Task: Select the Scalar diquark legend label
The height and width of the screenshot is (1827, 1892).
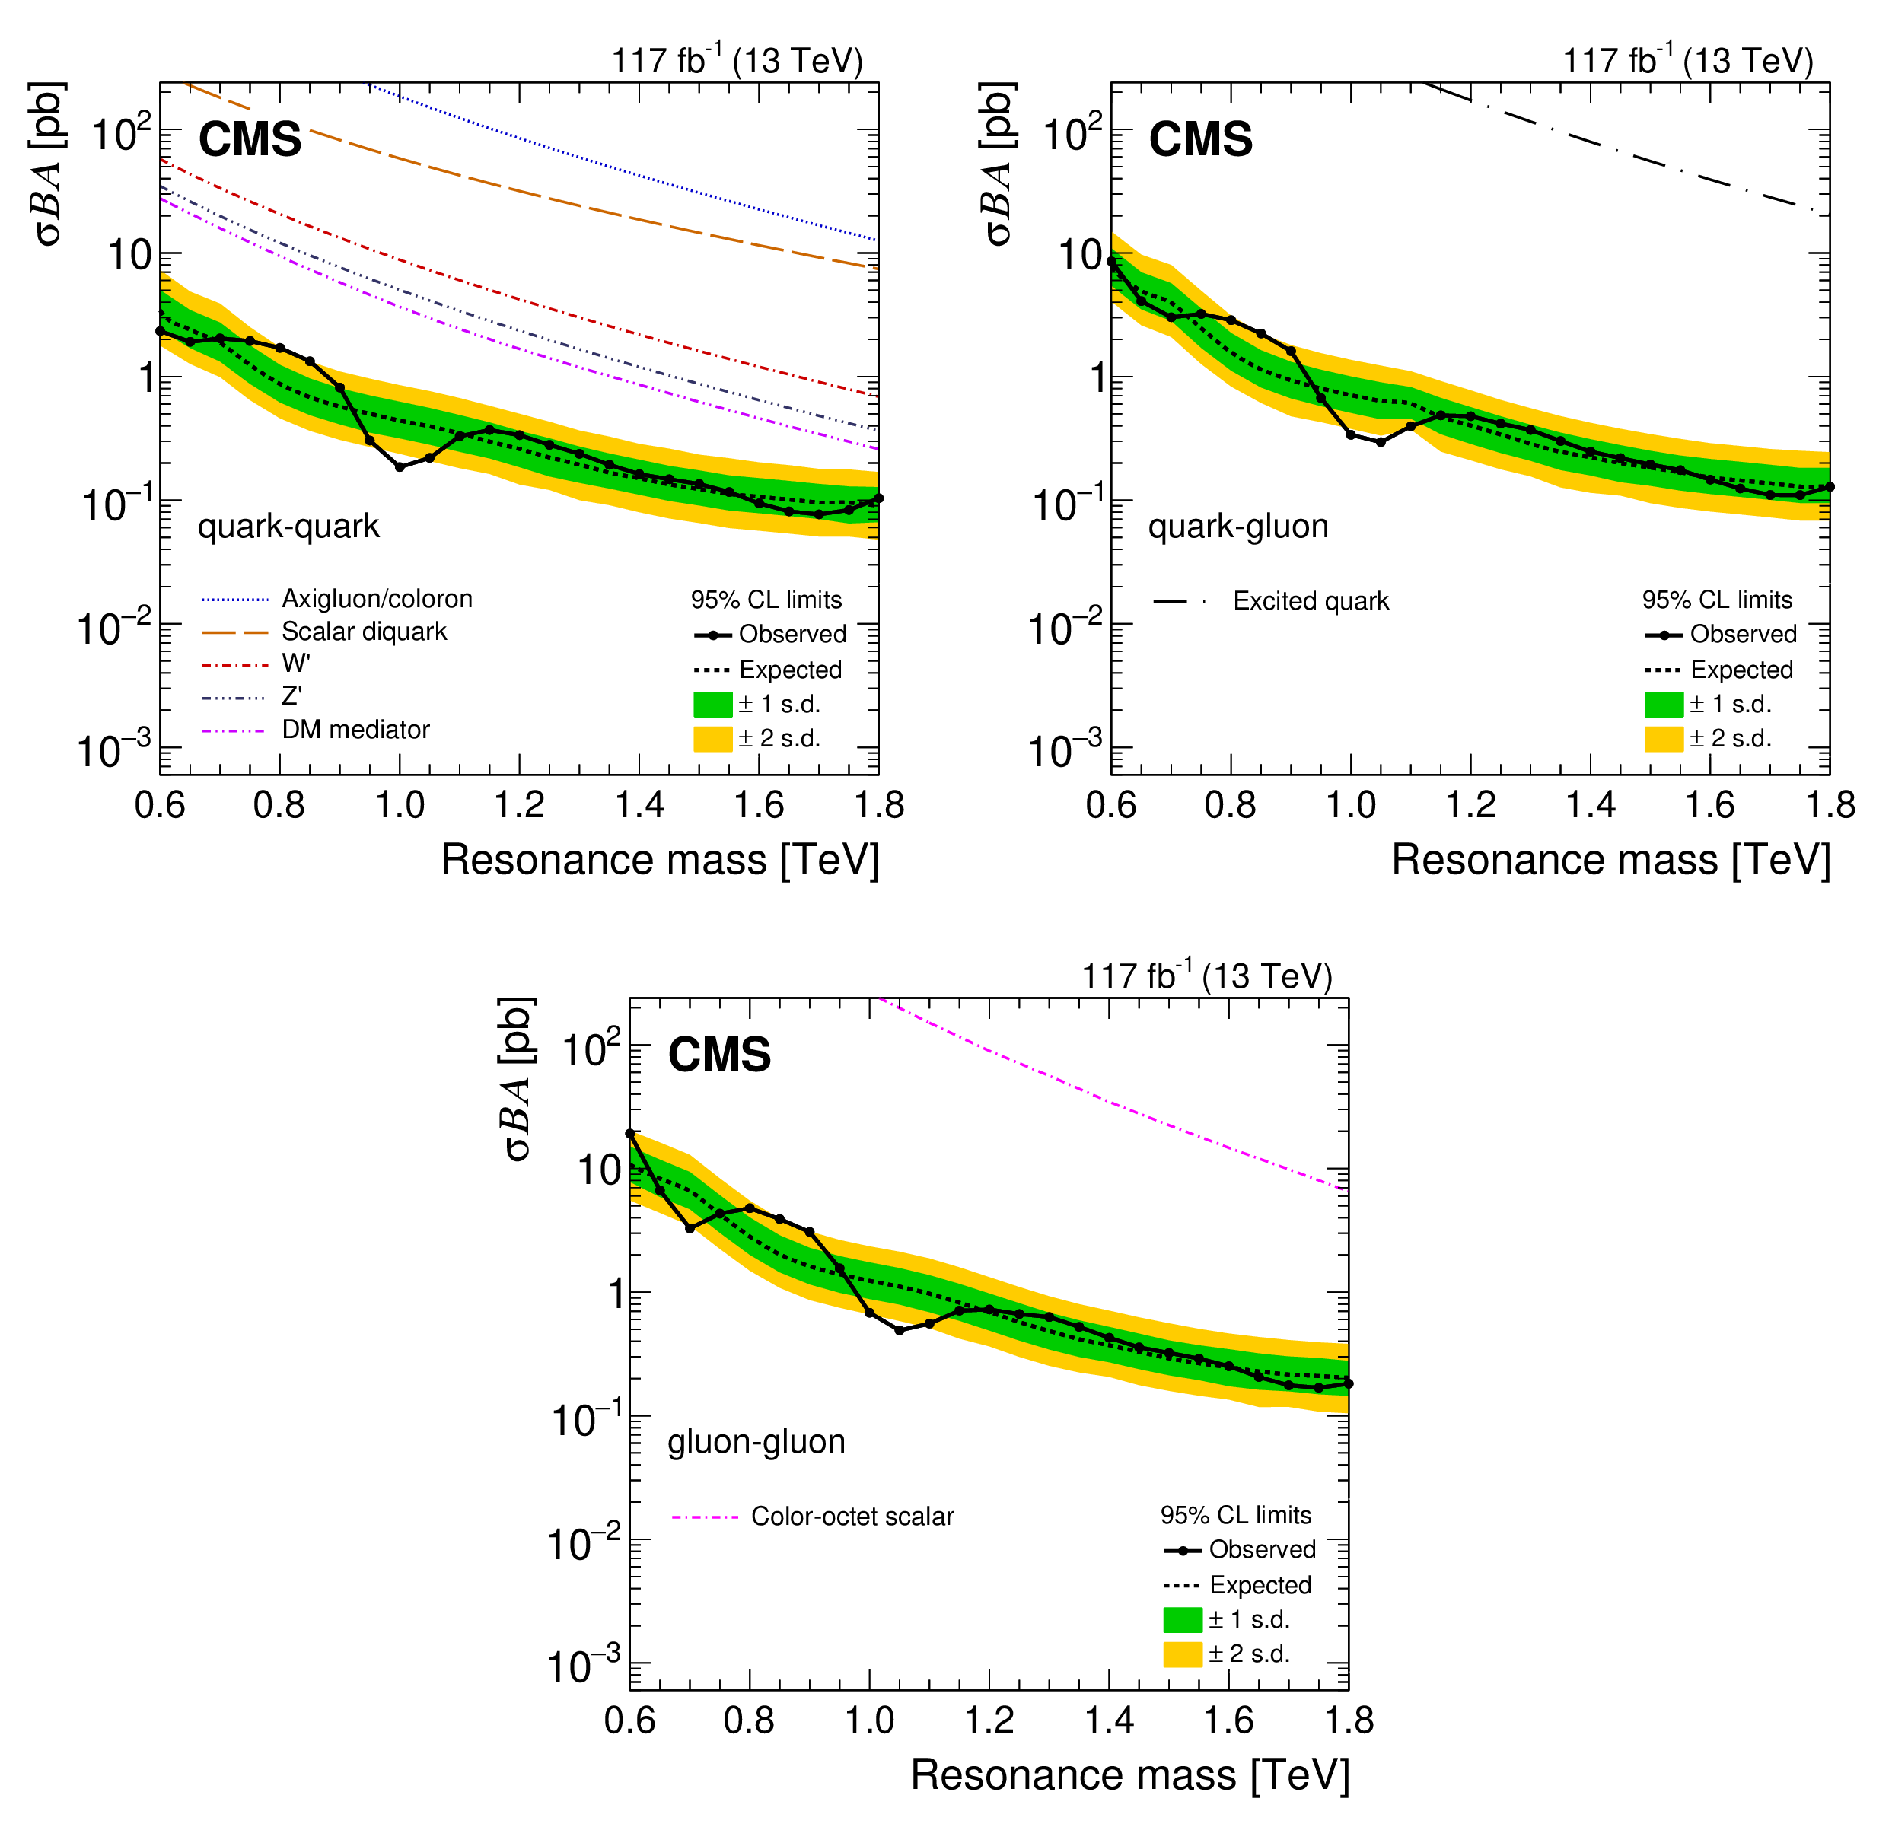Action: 364,632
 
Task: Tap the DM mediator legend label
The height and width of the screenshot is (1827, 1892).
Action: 355,730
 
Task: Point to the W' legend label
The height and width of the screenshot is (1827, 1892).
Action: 295,664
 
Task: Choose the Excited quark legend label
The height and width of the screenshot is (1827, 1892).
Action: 1311,601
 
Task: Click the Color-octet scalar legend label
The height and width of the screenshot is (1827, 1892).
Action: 852,1517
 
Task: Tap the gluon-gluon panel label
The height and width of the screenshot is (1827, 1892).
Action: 756,1441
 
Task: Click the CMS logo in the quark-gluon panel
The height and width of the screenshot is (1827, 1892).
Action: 1201,139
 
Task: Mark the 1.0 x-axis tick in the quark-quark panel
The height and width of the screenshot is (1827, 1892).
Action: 400,804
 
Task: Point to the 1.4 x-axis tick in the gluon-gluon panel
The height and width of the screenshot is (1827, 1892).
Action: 1109,1719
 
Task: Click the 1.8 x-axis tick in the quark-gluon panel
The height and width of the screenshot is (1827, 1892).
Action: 1830,804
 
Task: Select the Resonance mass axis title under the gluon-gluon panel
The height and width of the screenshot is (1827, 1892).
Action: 1129,1775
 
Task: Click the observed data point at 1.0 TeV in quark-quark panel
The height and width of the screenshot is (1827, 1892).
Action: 400,467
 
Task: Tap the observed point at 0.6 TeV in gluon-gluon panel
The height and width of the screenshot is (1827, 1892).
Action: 630,1134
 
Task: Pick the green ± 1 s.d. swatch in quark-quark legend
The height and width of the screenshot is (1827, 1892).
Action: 712,704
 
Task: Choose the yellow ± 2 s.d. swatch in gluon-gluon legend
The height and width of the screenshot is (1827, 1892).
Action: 1183,1654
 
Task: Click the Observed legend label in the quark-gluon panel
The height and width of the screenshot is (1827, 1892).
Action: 1744,634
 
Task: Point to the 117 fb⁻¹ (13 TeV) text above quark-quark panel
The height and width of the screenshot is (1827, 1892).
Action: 737,61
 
